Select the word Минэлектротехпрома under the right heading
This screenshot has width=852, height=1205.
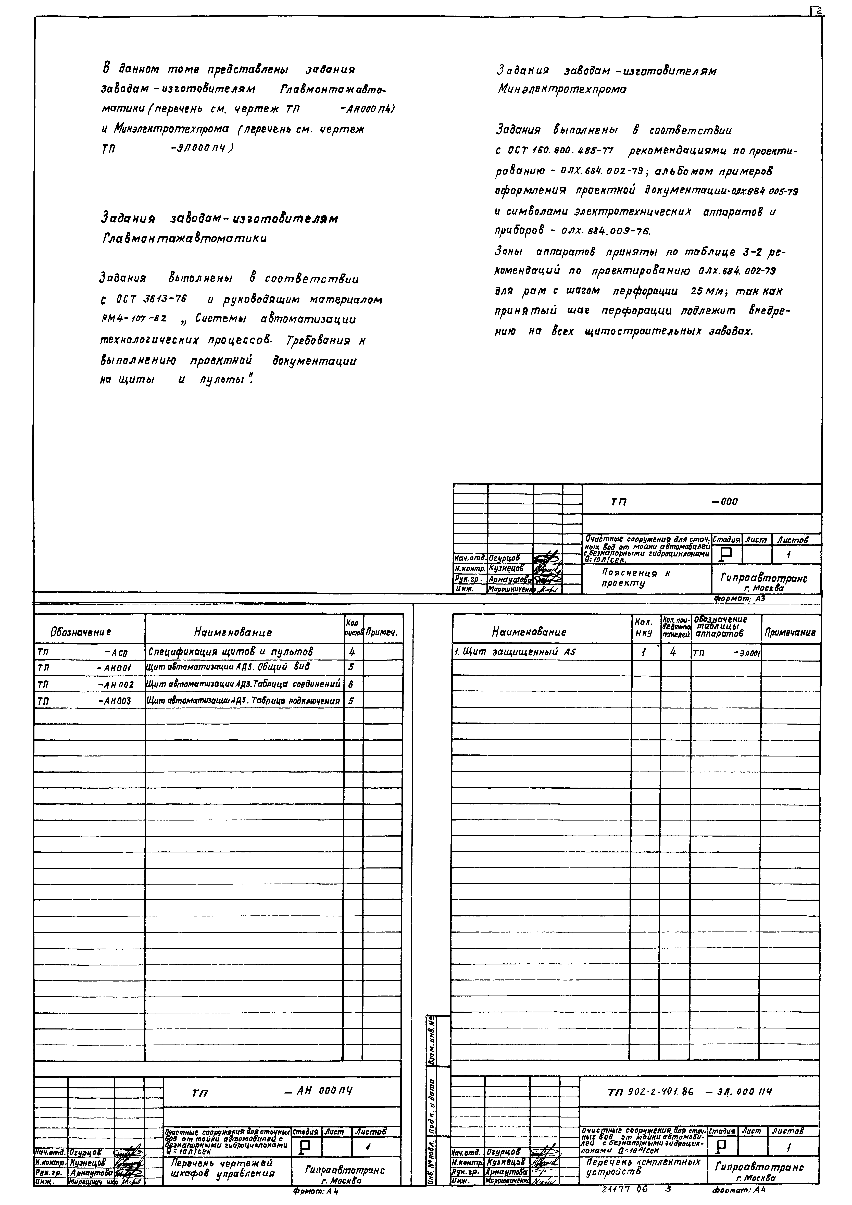561,90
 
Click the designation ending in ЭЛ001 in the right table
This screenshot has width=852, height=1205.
727,653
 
